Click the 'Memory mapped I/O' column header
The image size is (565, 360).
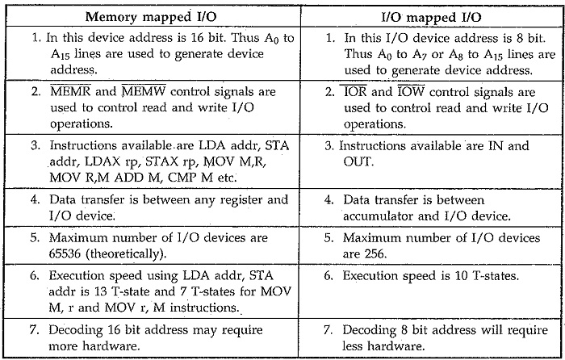[151, 17]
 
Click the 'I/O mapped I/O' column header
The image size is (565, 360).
[432, 17]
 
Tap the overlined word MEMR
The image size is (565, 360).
[71, 91]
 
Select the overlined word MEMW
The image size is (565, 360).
[144, 91]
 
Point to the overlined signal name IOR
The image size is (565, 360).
[355, 91]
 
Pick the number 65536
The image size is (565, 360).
[65, 253]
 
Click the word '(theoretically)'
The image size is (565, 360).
[126, 254]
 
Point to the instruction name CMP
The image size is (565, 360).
[184, 178]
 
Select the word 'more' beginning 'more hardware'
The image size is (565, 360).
[63, 346]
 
